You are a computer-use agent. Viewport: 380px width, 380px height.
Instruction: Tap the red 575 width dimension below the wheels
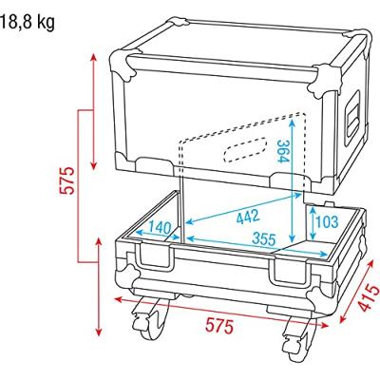tap(219, 326)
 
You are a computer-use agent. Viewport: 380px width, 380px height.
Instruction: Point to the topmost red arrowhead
tap(96, 55)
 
